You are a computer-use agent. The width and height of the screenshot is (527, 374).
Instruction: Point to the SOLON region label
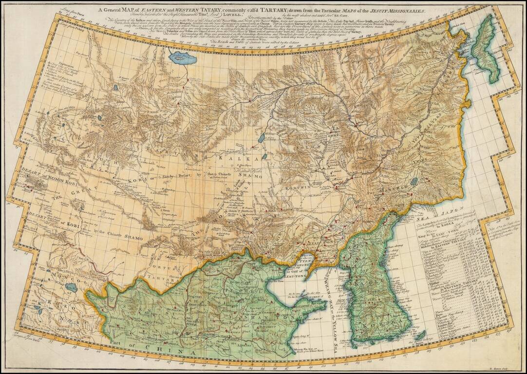pos(311,145)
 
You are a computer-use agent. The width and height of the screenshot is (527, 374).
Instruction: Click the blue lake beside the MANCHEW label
pos(414,182)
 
